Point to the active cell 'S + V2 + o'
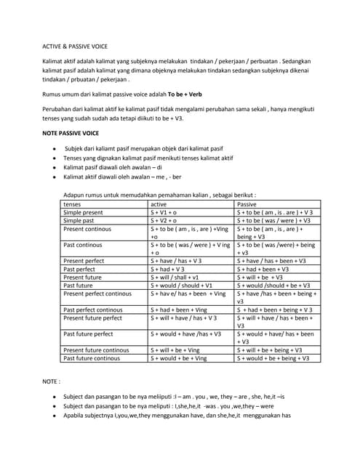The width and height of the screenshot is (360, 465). tap(165, 220)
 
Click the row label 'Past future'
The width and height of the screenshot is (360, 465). tap(78, 285)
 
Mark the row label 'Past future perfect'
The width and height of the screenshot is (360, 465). tap(88, 333)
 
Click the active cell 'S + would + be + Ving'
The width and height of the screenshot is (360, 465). tap(179, 357)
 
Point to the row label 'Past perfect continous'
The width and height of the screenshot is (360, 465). tap(93, 310)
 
